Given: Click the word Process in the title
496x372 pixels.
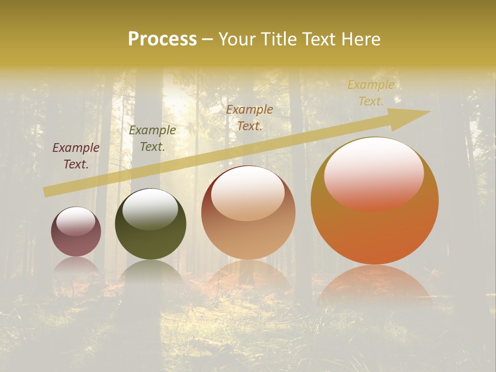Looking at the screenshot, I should [162, 39].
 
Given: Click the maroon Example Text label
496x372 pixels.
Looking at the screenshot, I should [76, 156].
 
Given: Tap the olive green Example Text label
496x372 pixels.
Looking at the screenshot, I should [152, 138].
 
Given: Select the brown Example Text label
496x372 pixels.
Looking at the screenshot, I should [250, 117].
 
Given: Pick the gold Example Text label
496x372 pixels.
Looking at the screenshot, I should [370, 93].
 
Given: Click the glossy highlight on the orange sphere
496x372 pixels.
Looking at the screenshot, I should [374, 173].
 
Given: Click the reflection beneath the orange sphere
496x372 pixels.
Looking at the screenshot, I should [375, 284].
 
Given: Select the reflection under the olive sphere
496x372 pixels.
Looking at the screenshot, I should [150, 271].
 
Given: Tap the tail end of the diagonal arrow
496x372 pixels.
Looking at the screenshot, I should [48, 192].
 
